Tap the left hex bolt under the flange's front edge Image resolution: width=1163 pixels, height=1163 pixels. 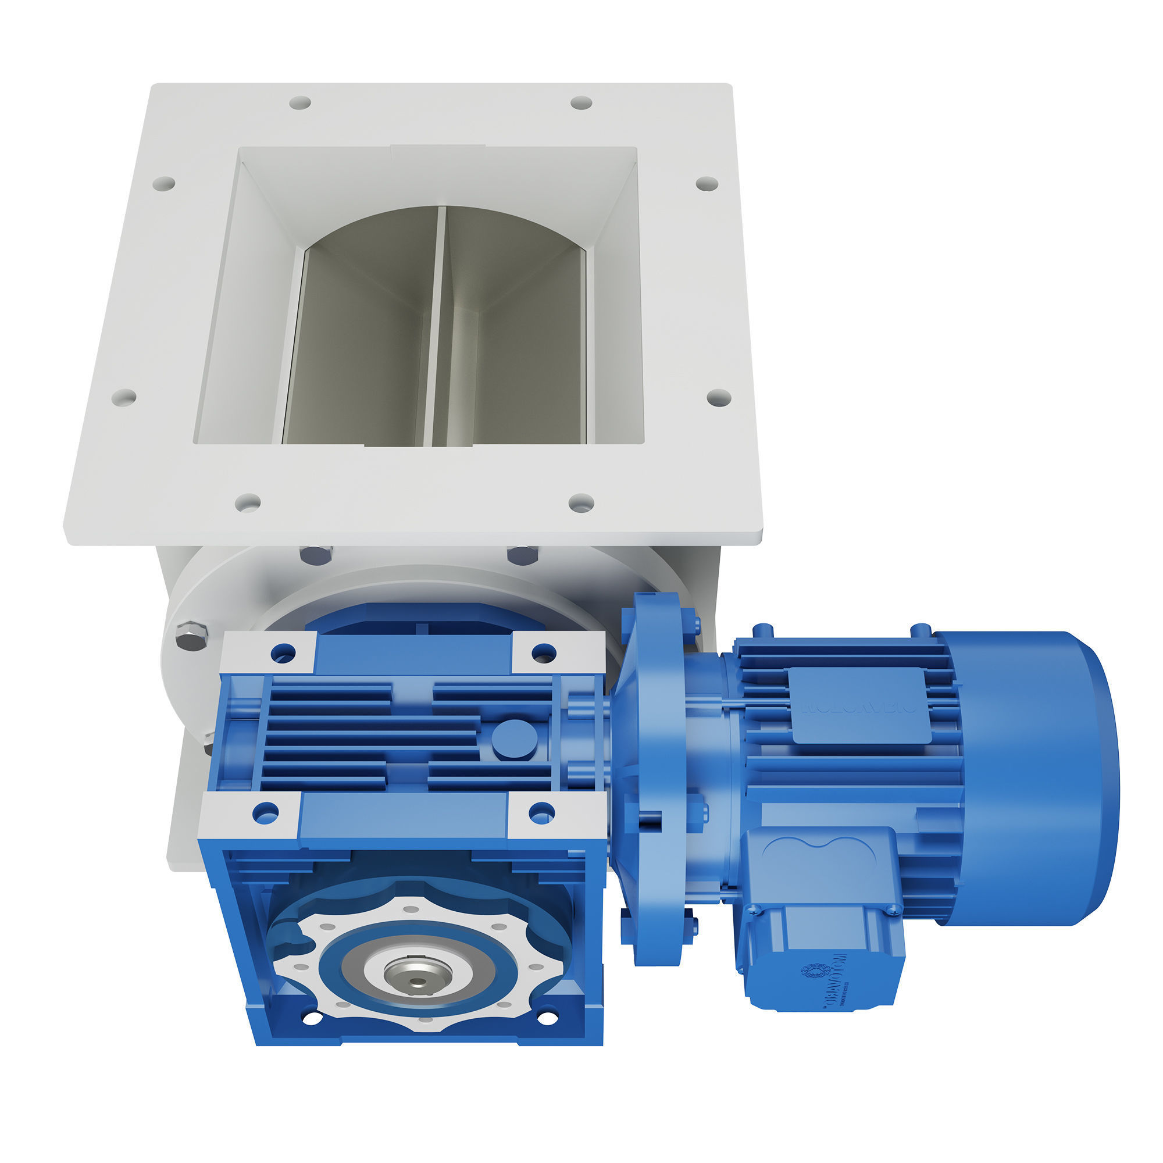point(316,555)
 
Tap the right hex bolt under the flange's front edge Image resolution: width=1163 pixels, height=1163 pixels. point(522,555)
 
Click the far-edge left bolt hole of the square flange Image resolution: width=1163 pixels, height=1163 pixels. point(300,102)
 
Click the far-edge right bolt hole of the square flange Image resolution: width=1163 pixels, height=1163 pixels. point(581,102)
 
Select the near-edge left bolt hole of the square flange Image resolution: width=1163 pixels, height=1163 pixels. point(247,502)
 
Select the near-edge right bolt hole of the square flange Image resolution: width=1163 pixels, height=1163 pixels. point(581,502)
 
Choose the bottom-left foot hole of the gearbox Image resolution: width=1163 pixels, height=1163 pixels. point(311,1019)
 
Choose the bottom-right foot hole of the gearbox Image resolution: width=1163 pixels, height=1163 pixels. point(546,1018)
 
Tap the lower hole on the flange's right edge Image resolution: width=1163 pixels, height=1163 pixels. point(719,397)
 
